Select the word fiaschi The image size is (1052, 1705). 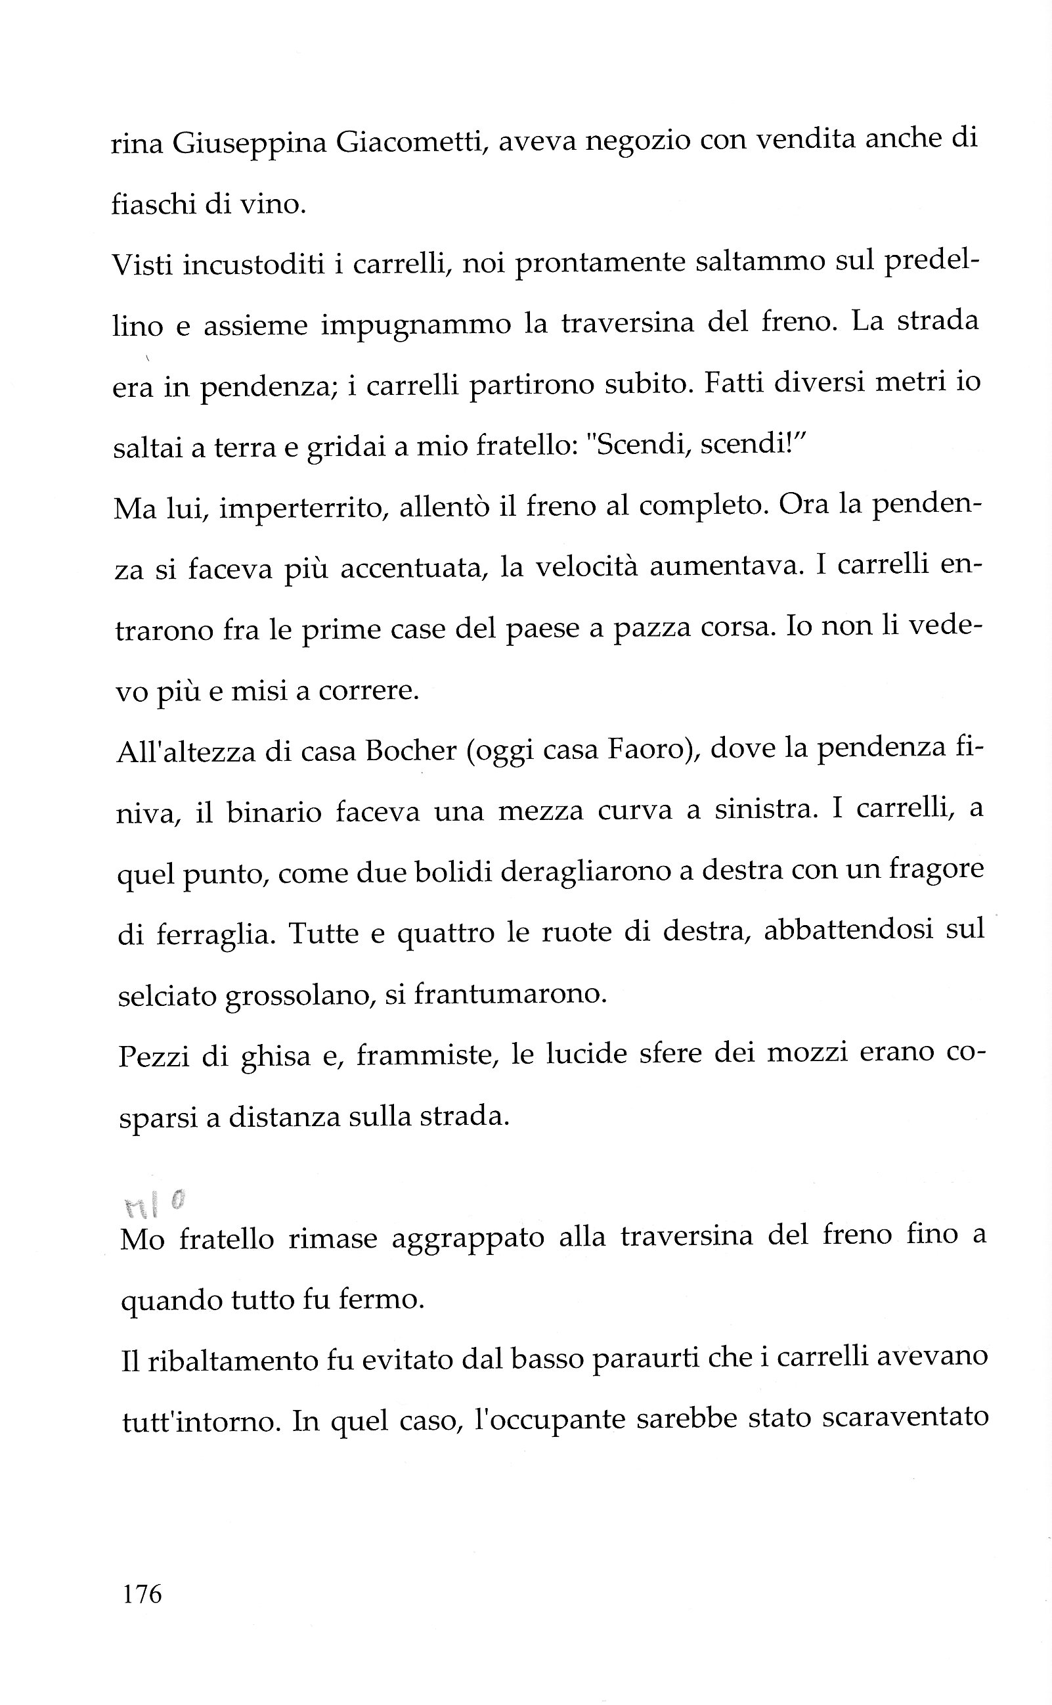click(x=153, y=203)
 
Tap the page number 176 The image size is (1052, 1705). click(x=142, y=1593)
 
